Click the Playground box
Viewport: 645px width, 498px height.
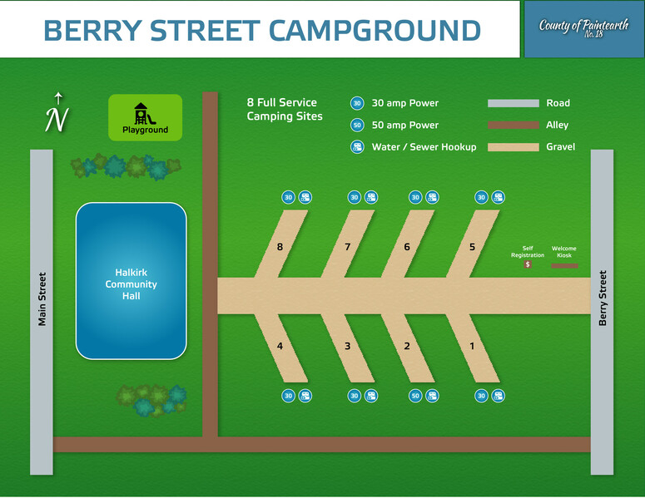pos(145,117)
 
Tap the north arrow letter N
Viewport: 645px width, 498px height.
pos(57,119)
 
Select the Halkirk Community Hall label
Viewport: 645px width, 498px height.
pos(131,284)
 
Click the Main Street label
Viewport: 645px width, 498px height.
pos(42,299)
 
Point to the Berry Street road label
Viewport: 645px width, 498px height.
pos(603,298)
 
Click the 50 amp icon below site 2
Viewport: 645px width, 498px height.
pos(415,396)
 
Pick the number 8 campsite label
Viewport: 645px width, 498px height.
pos(280,247)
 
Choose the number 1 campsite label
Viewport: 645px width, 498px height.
pos(472,346)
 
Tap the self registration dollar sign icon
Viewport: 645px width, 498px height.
pos(528,264)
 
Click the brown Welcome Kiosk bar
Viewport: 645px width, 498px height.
pos(564,266)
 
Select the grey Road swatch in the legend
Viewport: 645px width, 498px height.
pos(514,103)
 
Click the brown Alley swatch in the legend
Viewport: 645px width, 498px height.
pos(514,125)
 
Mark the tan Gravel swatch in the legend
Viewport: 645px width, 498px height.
pos(514,147)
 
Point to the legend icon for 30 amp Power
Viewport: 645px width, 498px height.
pos(357,103)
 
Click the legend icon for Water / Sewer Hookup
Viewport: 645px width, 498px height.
pos(357,146)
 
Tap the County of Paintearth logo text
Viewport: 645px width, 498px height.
pos(583,27)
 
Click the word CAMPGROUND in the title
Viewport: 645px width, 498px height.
pos(375,31)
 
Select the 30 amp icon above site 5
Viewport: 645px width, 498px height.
pos(481,197)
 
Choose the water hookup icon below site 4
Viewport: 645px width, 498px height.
pos(305,396)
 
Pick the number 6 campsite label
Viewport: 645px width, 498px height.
pos(407,247)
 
